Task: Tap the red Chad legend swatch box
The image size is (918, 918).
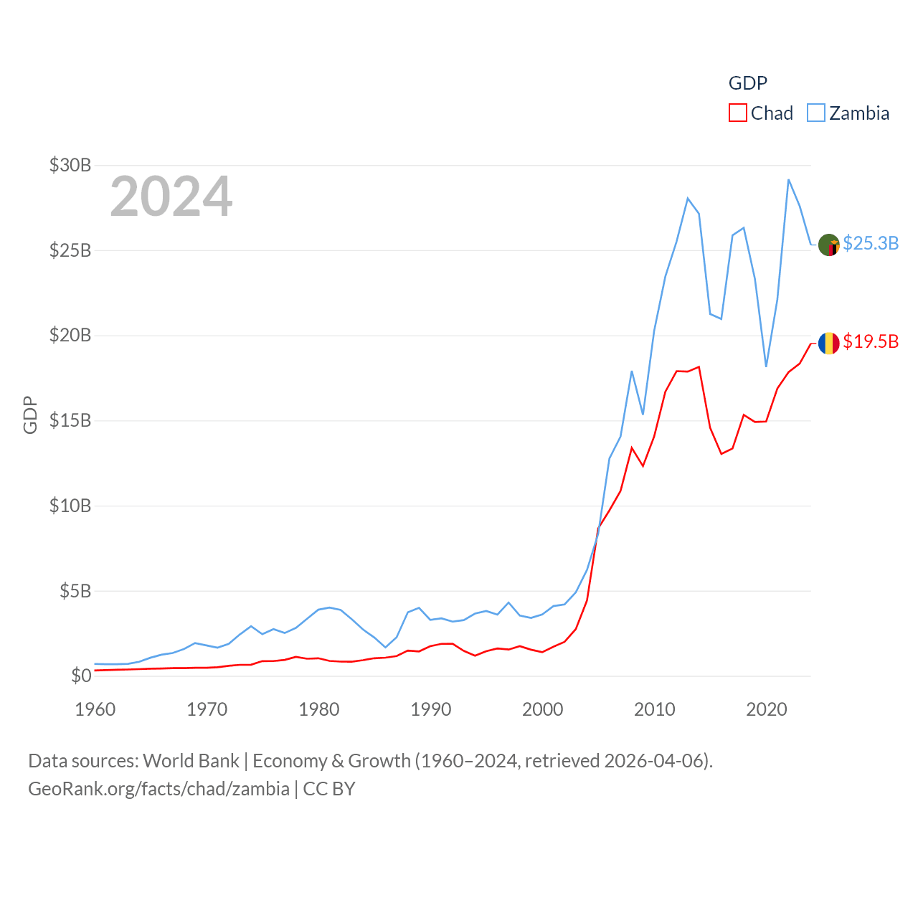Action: [x=738, y=113]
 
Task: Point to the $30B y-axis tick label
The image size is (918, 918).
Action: [x=70, y=165]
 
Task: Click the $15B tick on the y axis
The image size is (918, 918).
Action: [x=70, y=420]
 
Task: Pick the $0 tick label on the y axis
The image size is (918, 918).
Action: [x=80, y=676]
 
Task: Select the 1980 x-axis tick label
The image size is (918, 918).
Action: [x=319, y=709]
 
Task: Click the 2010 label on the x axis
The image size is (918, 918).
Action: [x=655, y=709]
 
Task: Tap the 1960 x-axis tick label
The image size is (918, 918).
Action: [x=95, y=709]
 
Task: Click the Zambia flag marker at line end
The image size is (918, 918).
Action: [x=829, y=245]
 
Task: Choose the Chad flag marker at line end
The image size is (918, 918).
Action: [x=829, y=344]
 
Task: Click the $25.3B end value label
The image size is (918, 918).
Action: [x=871, y=243]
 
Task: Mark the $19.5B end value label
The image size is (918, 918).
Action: [x=871, y=341]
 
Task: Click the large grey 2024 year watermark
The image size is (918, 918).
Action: [x=171, y=196]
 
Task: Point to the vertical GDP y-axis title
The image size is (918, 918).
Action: [x=30, y=415]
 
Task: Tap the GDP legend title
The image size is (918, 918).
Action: [x=748, y=83]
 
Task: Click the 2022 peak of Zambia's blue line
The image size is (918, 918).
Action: [x=789, y=179]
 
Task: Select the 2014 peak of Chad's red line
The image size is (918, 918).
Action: [x=699, y=366]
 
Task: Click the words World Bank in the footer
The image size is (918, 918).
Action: [x=191, y=761]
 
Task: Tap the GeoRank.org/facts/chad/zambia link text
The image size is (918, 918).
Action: [x=158, y=789]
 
